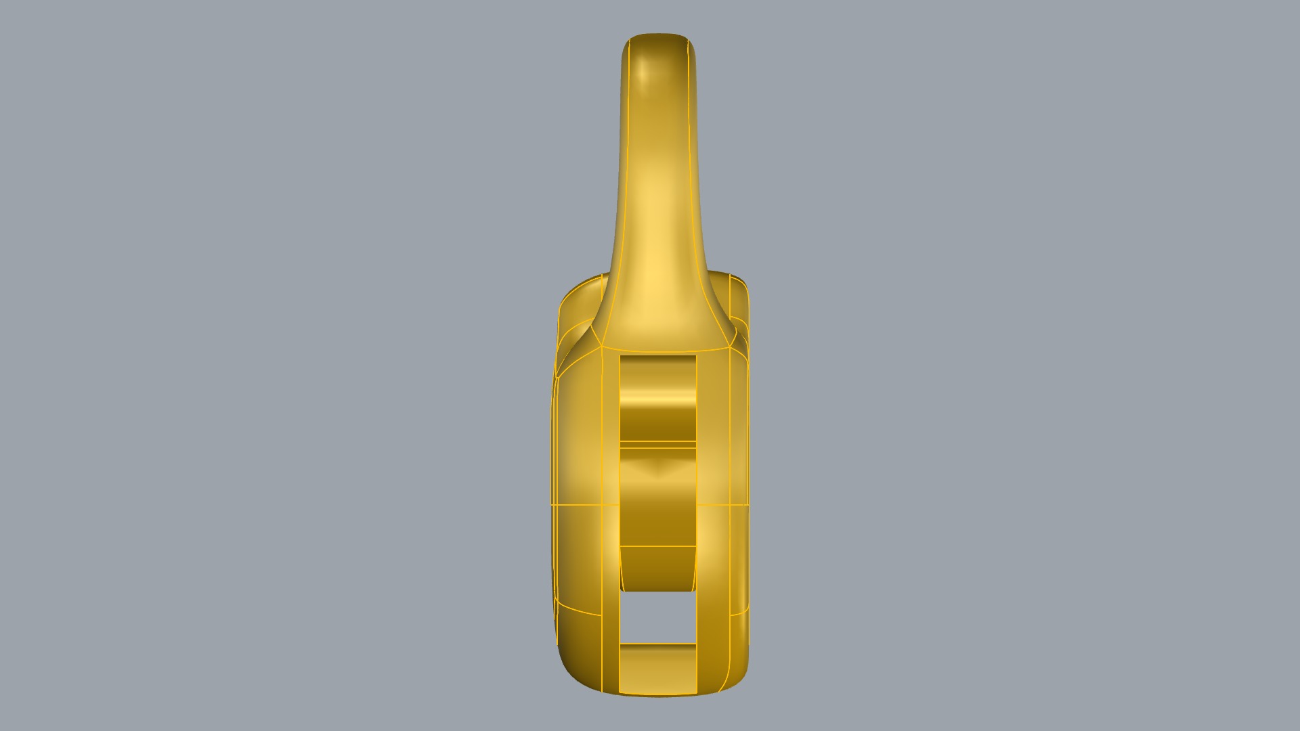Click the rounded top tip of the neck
(656, 37)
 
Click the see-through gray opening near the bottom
(657, 617)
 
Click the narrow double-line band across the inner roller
(657, 444)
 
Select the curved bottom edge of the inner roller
(657, 590)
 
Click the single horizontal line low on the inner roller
(657, 546)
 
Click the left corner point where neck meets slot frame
(603, 348)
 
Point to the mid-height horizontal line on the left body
(576, 505)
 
